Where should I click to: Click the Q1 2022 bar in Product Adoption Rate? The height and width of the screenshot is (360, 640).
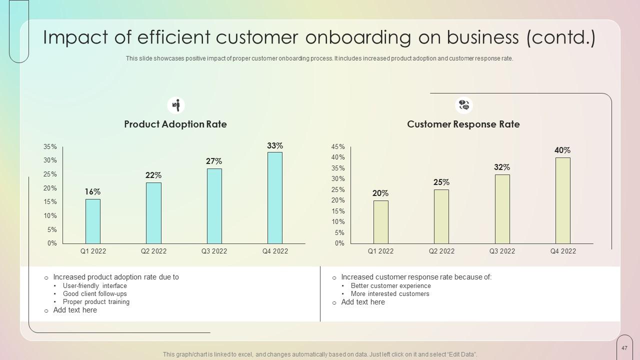pos(93,221)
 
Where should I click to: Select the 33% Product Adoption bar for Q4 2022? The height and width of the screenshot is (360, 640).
pos(275,197)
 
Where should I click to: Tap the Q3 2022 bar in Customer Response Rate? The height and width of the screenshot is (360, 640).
pos(502,208)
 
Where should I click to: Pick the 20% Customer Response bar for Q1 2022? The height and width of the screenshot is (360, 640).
pos(381,221)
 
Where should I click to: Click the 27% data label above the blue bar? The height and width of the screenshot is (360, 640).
pos(214,161)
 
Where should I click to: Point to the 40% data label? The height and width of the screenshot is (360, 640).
pos(562,150)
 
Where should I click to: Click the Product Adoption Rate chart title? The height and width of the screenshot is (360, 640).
pos(175,124)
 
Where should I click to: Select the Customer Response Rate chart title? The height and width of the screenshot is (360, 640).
pos(463,124)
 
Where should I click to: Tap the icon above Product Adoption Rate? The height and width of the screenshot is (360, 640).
pos(176,105)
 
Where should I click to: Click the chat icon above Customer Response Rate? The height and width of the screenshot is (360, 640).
pos(464,105)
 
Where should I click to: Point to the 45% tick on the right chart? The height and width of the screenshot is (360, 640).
pos(338,147)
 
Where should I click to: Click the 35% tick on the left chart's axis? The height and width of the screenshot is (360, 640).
pos(50,147)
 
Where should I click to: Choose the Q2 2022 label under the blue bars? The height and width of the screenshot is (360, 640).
pos(153,251)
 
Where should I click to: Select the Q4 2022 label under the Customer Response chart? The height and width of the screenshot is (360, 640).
pos(563,251)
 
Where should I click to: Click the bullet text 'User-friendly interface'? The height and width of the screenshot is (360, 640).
pos(95,286)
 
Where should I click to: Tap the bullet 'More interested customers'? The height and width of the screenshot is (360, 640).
pos(390,294)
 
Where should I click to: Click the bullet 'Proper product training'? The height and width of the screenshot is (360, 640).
pos(96,302)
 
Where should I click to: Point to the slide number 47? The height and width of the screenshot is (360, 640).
pos(624,348)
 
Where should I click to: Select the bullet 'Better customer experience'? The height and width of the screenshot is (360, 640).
pos(390,286)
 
